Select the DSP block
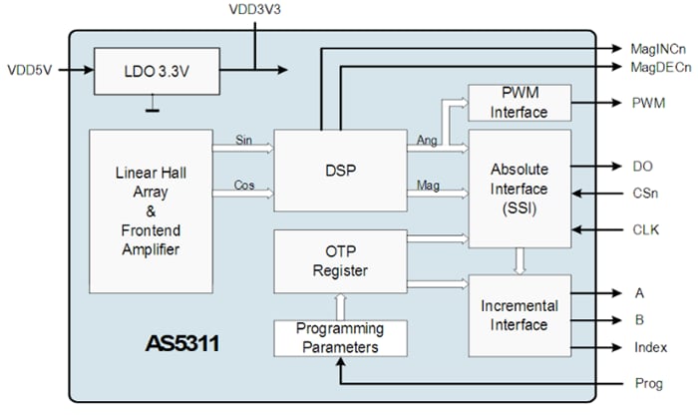(x=340, y=170)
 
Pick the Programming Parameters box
(x=340, y=338)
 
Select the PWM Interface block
(x=520, y=103)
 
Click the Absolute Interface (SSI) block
(x=520, y=189)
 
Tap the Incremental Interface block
(x=520, y=314)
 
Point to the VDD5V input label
(x=31, y=71)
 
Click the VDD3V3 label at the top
(x=256, y=9)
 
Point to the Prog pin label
(x=647, y=383)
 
